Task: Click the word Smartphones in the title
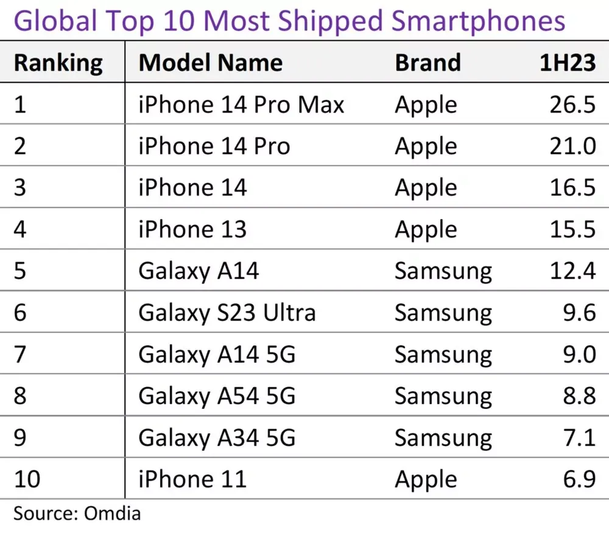pyautogui.click(x=477, y=21)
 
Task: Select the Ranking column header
pyautogui.click(x=58, y=63)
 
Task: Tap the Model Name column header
pyautogui.click(x=210, y=63)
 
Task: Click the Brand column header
pyautogui.click(x=428, y=63)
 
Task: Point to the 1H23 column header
pyautogui.click(x=567, y=63)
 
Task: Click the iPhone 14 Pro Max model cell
pyautogui.click(x=241, y=105)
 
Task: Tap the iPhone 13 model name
pyautogui.click(x=192, y=229)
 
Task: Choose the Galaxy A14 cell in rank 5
pyautogui.click(x=199, y=271)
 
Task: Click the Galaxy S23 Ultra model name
pyautogui.click(x=227, y=313)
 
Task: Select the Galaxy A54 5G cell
pyautogui.click(x=217, y=396)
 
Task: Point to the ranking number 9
pyautogui.click(x=21, y=438)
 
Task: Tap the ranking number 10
pyautogui.click(x=27, y=479)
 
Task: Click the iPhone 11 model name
pyautogui.click(x=192, y=479)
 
